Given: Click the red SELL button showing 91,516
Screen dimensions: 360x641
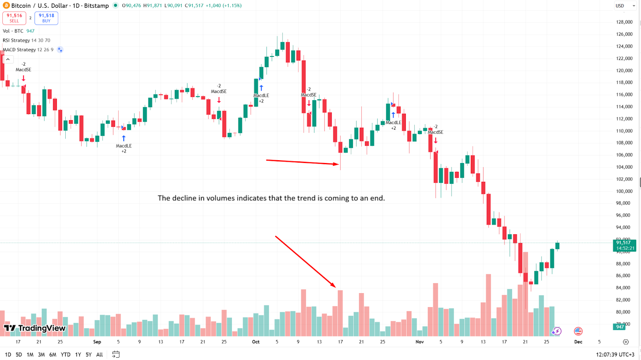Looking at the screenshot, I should pos(14,18).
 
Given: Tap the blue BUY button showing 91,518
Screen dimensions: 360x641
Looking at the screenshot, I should pos(46,18).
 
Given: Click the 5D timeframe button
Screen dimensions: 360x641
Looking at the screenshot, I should pos(19,354).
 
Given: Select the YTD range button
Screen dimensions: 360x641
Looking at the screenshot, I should pos(65,354).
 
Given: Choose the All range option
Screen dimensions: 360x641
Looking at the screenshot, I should pos(99,354).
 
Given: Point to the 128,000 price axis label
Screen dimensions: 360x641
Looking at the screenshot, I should pos(624,22).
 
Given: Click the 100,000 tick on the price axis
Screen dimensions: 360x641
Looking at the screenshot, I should pos(624,191).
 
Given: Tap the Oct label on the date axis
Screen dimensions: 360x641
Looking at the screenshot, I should pos(256,342).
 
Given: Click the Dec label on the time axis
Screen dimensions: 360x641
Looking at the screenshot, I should pos(578,342).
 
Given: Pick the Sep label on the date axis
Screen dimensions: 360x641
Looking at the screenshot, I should pos(97,342).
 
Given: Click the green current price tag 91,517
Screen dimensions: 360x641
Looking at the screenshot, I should pos(624,245).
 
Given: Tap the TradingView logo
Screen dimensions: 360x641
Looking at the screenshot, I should pos(35,328).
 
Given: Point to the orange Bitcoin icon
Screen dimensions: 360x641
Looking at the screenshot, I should pos(6,6).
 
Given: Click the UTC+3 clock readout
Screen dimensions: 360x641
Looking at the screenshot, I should pos(615,354).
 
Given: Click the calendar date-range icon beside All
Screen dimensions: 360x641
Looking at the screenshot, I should pos(116,354).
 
